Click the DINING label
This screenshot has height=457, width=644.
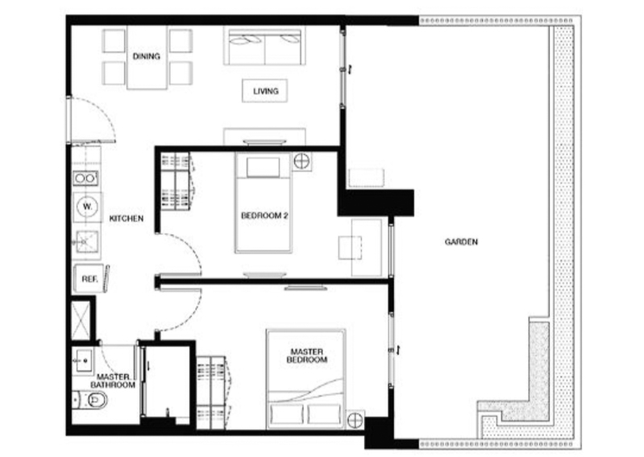pyautogui.click(x=146, y=56)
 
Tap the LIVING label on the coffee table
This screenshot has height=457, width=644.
pyautogui.click(x=265, y=91)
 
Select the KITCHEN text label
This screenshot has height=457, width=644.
pyautogui.click(x=126, y=218)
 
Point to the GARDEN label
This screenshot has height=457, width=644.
pyautogui.click(x=461, y=242)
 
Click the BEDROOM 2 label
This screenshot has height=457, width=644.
pyautogui.click(x=264, y=215)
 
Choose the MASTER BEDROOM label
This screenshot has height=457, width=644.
pyautogui.click(x=307, y=355)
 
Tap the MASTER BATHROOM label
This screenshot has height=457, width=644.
pyautogui.click(x=113, y=380)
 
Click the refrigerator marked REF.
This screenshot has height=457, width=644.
pyautogui.click(x=89, y=279)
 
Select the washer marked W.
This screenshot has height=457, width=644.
pyautogui.click(x=87, y=206)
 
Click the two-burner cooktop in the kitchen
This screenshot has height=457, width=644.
pyautogui.click(x=85, y=178)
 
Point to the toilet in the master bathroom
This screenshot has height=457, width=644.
pyautogui.click(x=91, y=400)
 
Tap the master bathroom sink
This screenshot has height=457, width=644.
pyautogui.click(x=82, y=361)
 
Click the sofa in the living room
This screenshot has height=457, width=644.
pyautogui.click(x=264, y=46)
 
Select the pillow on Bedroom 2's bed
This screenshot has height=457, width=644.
pyautogui.click(x=263, y=167)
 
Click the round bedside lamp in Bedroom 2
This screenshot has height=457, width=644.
pyautogui.click(x=301, y=161)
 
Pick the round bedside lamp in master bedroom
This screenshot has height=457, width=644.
pyautogui.click(x=355, y=420)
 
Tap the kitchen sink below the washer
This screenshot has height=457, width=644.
pyautogui.click(x=87, y=242)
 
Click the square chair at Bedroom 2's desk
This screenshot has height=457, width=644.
pyautogui.click(x=350, y=247)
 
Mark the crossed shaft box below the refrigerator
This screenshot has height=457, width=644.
pyautogui.click(x=81, y=320)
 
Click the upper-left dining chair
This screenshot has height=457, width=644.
pyautogui.click(x=114, y=40)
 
